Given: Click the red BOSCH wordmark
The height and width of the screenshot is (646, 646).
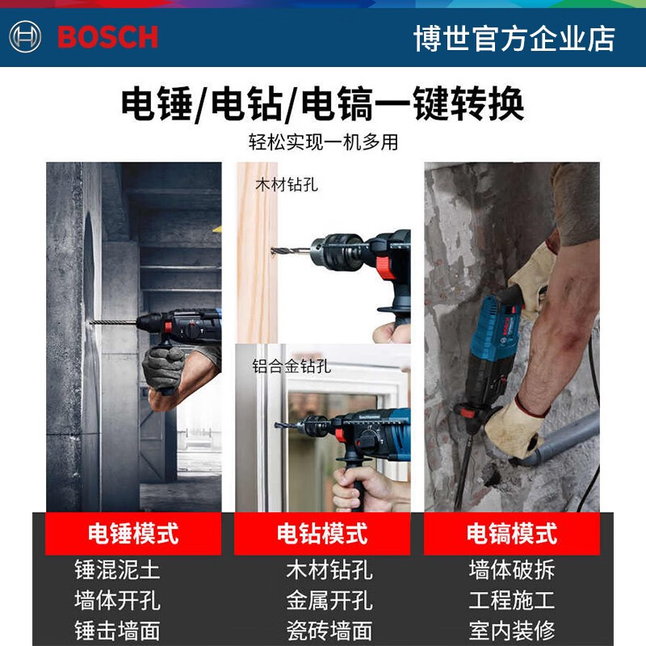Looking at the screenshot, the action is [107, 37].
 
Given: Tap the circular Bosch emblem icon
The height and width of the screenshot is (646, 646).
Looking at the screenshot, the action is [25, 36].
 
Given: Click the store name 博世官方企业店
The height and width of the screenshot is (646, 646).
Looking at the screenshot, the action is [514, 38].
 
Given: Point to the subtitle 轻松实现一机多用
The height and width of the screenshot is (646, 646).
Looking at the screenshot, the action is [323, 142].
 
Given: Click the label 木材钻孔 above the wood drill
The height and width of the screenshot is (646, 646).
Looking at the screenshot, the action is [287, 185].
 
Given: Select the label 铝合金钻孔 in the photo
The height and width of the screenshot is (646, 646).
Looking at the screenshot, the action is [292, 366].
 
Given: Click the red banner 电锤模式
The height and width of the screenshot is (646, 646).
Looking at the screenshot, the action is [133, 534].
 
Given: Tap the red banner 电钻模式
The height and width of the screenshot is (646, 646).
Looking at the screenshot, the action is [322, 534].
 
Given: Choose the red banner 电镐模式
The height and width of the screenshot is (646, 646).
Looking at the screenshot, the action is [512, 534].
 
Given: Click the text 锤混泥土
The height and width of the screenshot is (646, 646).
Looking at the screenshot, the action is [117, 570].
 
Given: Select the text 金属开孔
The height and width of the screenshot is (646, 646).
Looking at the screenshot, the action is [329, 600].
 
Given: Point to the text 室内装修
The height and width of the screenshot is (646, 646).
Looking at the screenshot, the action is [512, 631].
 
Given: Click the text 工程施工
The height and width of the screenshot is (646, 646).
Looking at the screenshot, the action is [512, 600].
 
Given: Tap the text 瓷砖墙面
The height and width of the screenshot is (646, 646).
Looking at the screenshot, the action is [329, 631].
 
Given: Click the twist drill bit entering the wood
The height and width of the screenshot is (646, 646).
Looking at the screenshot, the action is [291, 250].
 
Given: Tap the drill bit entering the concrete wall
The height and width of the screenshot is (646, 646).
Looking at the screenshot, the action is [113, 322].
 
